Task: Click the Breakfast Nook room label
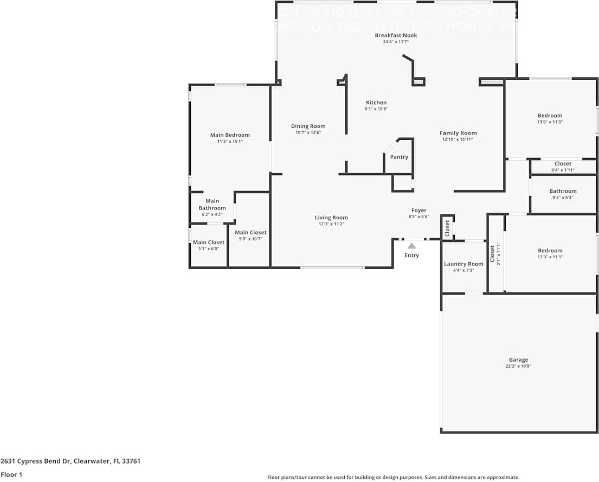tap(396, 35)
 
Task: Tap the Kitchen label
tap(376, 102)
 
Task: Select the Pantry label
tap(399, 157)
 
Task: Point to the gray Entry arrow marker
tap(412, 246)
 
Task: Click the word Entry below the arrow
tap(412, 256)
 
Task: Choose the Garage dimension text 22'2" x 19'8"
tap(518, 366)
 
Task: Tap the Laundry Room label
tap(463, 264)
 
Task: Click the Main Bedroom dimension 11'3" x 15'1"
tap(230, 142)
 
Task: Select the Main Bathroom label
tap(212, 204)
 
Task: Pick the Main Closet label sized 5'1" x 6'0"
tap(209, 243)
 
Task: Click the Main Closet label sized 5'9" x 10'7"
tap(250, 232)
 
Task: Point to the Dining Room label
tap(308, 126)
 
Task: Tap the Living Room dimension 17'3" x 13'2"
tap(331, 224)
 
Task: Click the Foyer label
tap(418, 210)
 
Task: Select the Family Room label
tap(458, 133)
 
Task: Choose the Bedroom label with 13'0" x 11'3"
tap(550, 115)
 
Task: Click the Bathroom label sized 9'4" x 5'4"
tap(563, 191)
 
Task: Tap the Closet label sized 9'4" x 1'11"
tap(563, 164)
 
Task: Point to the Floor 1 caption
tap(12, 474)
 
